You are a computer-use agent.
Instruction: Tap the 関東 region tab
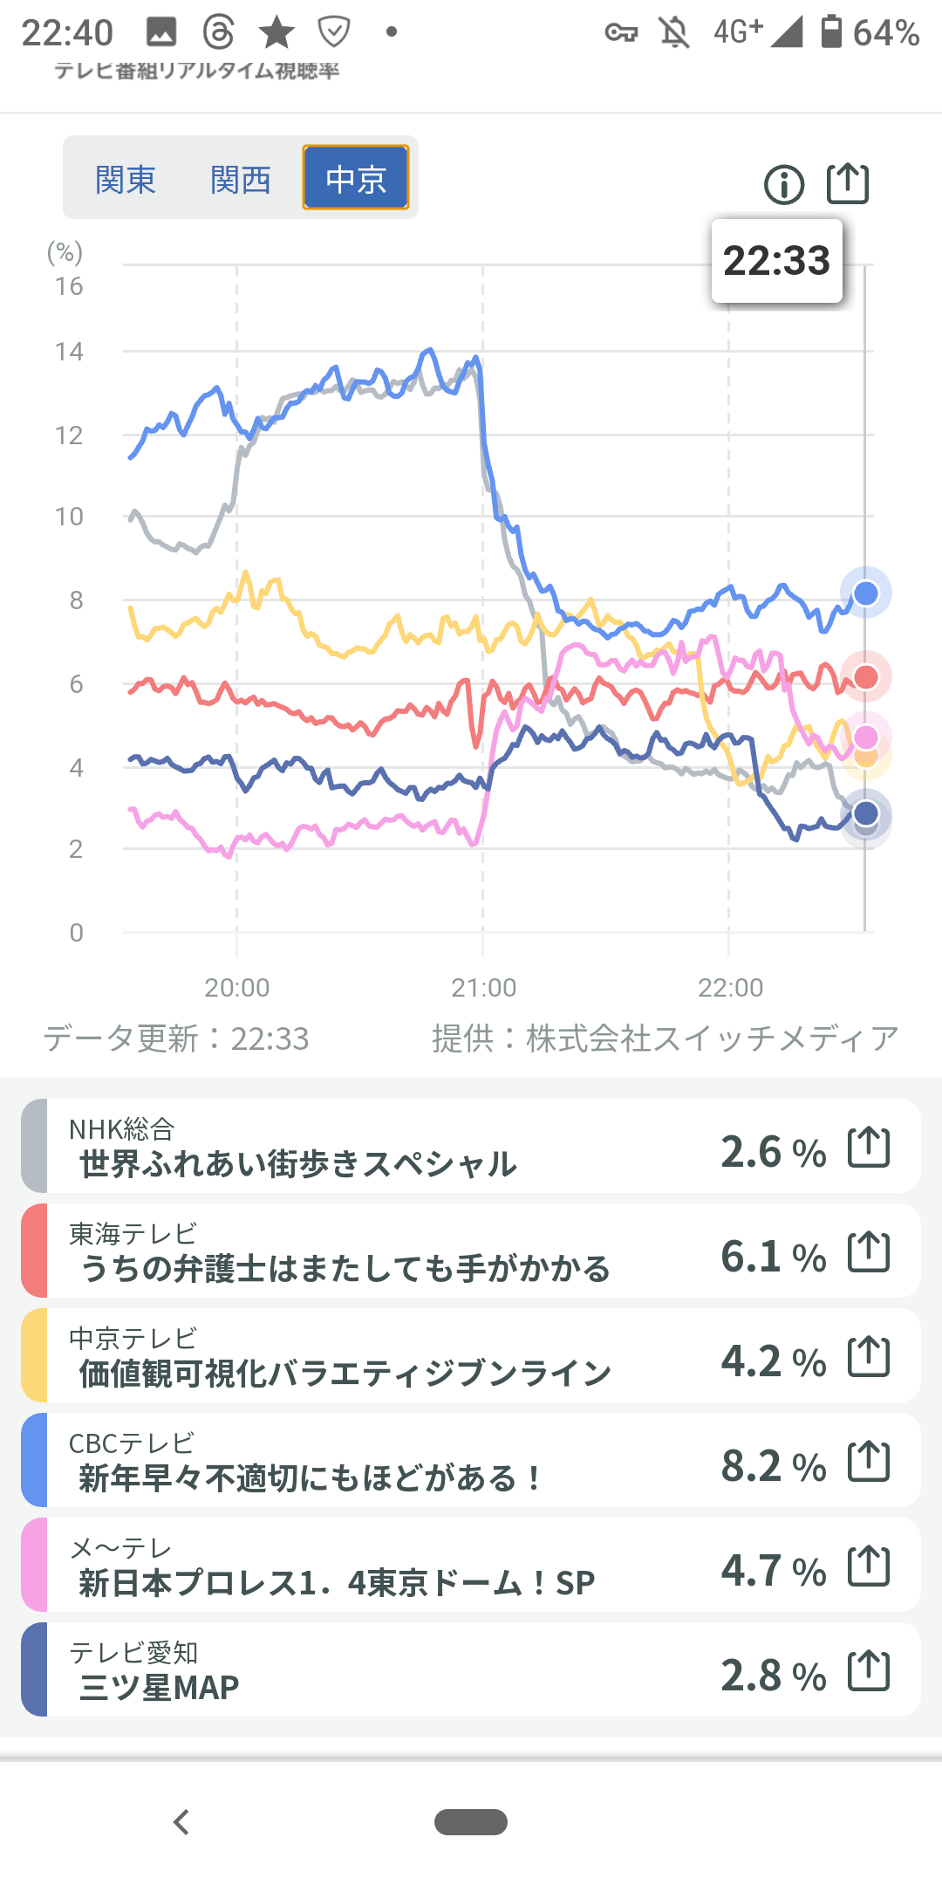click(126, 180)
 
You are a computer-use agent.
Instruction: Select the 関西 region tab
click(241, 180)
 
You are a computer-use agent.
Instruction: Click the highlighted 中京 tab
click(356, 178)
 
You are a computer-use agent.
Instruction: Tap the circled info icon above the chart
click(783, 185)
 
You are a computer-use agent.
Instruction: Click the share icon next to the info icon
click(848, 183)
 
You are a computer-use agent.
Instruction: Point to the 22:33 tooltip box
click(776, 261)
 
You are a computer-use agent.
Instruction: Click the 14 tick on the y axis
click(69, 352)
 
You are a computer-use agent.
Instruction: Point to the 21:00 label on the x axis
click(483, 988)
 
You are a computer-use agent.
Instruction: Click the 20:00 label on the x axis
click(236, 988)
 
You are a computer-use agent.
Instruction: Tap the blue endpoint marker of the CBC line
click(865, 593)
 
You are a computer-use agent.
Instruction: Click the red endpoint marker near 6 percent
click(865, 676)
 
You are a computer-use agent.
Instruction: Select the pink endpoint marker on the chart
click(865, 737)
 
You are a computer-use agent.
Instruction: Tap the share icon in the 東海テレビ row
click(869, 1251)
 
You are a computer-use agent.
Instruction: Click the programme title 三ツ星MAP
click(159, 1688)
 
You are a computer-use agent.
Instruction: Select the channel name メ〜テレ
click(120, 1548)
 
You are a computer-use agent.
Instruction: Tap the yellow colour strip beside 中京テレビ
click(34, 1355)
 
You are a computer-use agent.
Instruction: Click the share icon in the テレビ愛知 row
click(869, 1670)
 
